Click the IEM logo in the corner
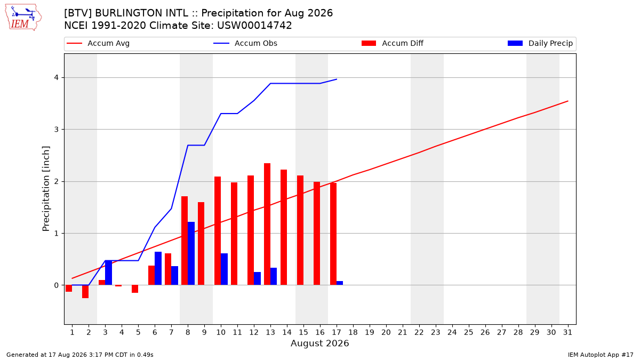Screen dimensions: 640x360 coord(23,18)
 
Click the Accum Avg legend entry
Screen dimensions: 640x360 coord(98,43)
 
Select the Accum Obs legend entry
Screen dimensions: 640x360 coord(245,43)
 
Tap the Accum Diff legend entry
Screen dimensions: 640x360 coord(393,43)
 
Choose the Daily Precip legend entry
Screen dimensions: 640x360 coord(540,43)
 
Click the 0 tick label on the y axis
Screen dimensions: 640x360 coord(57,285)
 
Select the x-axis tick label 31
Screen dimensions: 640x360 coord(567,332)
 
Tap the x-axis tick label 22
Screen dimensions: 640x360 coord(419,332)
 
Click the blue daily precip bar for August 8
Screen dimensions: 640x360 coord(191,253)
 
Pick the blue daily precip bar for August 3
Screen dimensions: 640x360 coord(109,273)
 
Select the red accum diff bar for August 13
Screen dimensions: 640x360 coord(267,224)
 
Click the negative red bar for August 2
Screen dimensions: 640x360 coord(85,291)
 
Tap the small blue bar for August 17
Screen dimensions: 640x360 coord(340,283)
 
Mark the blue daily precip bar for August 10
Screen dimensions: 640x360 coord(225,269)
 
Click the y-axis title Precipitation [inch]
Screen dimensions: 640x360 coord(46,189)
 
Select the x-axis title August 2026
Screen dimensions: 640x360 coord(319,343)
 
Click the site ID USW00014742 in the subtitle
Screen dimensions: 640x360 coord(254,26)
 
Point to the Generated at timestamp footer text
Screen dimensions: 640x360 coord(79,355)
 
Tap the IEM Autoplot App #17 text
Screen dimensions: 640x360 coord(601,355)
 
